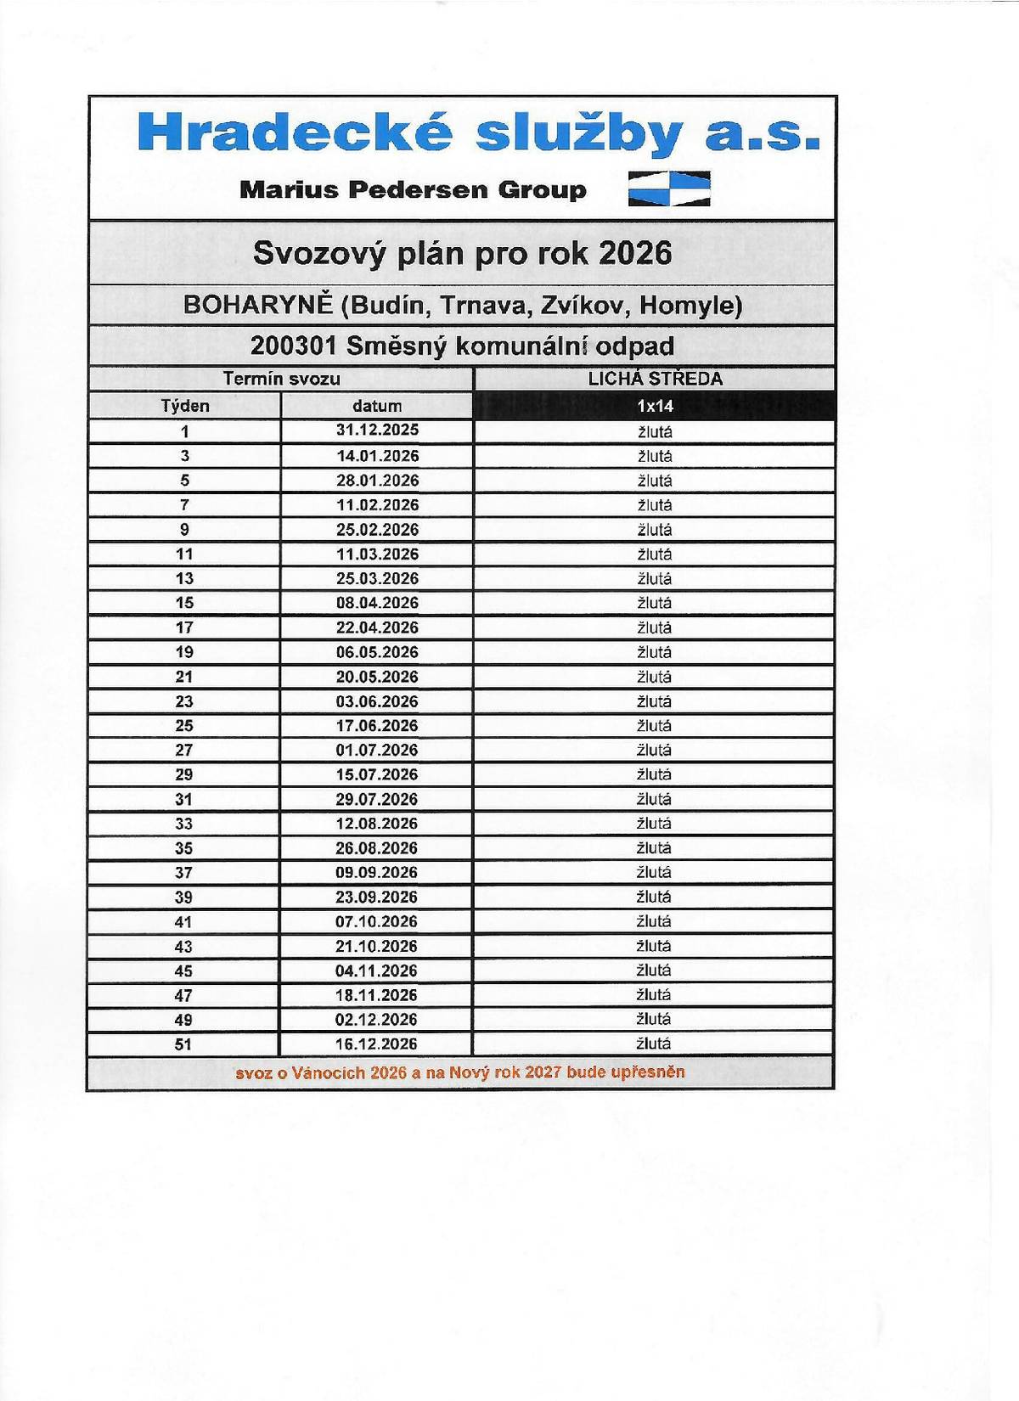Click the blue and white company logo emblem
point(669,188)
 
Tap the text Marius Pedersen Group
point(413,189)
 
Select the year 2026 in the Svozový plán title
point(635,253)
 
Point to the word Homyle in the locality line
point(690,305)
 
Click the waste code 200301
point(294,346)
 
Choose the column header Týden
point(185,406)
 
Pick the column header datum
point(377,406)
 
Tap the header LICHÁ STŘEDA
point(655,380)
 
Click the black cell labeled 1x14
point(655,406)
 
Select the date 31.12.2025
point(377,430)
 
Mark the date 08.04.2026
point(377,603)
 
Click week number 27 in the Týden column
point(184,751)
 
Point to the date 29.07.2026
point(377,799)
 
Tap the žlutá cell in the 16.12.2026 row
point(654,1044)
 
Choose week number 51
point(183,1044)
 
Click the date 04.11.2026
point(377,971)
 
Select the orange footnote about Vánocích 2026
point(460,1072)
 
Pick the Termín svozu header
point(281,380)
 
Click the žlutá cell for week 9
point(655,530)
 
